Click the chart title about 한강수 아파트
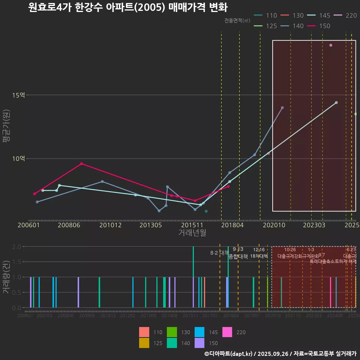pyautogui.click(x=127, y=7)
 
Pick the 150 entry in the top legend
pyautogui.click(x=319, y=26)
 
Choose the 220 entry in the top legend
pyautogui.click(x=345, y=16)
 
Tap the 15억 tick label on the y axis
pyautogui.click(x=18, y=95)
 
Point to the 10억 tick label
pyautogui.click(x=18, y=159)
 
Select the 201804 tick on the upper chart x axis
pyautogui.click(x=232, y=225)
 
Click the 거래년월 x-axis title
pyautogui.click(x=192, y=233)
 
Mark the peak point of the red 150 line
pyautogui.click(x=81, y=163)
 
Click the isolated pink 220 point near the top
pyautogui.click(x=331, y=45)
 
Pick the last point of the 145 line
pyautogui.click(x=336, y=102)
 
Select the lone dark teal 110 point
pyautogui.click(x=206, y=211)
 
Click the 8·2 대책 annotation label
pyautogui.click(x=219, y=253)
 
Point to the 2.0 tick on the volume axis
pyautogui.click(x=16, y=247)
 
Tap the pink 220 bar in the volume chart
pyautogui.click(x=330, y=292)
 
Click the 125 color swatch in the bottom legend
pyautogui.click(x=144, y=343)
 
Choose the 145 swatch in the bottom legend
pyautogui.click(x=200, y=332)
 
